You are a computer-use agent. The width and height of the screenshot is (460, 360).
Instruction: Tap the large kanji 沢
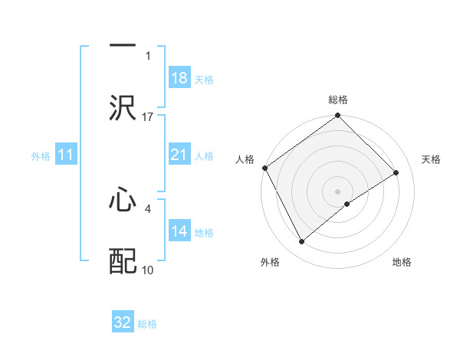point(123,108)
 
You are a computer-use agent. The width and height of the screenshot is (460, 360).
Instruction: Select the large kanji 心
point(123,201)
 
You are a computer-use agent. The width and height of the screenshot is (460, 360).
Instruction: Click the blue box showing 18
point(179,78)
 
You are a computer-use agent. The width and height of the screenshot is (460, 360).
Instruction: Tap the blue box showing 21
point(179,155)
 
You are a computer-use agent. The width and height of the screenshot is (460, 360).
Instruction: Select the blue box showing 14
point(179,231)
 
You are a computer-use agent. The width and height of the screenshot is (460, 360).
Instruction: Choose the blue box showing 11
point(66,155)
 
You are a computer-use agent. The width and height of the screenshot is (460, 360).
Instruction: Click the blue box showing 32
point(123,322)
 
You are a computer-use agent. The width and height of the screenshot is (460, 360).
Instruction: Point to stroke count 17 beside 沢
point(148,116)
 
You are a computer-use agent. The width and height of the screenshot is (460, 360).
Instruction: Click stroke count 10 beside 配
point(148,270)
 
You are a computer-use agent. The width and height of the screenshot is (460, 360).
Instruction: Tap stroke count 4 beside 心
point(148,208)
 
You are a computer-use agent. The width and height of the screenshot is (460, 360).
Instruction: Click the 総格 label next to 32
point(147,324)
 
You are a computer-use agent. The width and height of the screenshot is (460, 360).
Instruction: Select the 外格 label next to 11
point(41,155)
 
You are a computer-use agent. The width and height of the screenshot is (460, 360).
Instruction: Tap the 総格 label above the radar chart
point(338,100)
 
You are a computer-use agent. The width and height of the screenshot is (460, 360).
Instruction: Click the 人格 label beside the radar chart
point(245,159)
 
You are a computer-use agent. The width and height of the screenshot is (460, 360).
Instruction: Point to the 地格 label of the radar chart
point(402,262)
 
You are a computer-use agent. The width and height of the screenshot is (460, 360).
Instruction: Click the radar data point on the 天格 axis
point(396,172)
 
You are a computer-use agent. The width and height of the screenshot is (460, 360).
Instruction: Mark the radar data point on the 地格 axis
point(347,204)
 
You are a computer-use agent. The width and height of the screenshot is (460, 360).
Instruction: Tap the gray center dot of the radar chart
point(337,191)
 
